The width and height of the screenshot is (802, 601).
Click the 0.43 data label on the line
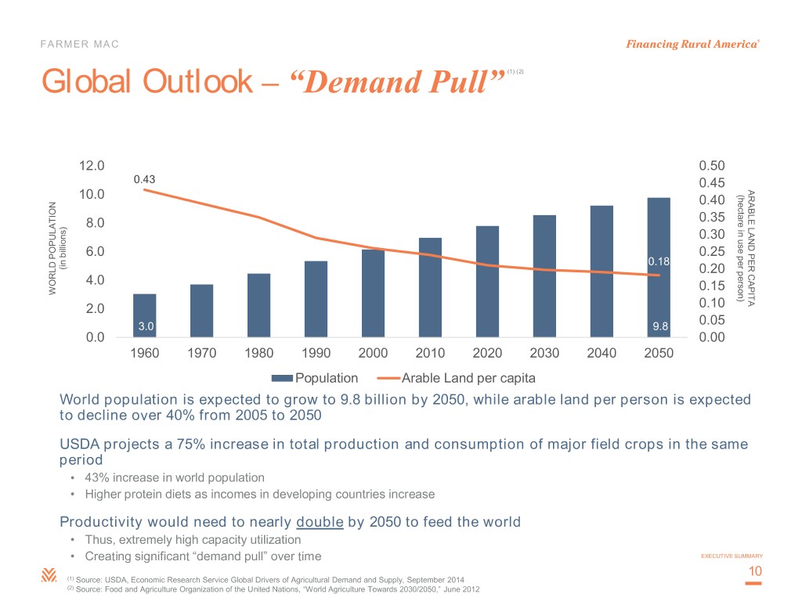pos(144,179)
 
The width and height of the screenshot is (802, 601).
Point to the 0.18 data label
pos(657,261)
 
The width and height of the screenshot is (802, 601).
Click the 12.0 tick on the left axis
pos(92,166)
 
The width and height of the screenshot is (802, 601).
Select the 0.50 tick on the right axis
pos(711,166)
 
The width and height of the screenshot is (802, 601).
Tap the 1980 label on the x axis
pos(258,353)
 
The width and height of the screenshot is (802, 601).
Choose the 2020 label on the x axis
pos(487,353)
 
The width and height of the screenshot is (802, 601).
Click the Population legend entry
pos(321,379)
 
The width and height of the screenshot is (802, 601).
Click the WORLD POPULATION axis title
pos(54,249)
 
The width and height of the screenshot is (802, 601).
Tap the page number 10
pos(755,573)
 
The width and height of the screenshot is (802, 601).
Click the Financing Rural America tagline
pos(692,44)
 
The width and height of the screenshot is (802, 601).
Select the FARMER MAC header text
pos(80,44)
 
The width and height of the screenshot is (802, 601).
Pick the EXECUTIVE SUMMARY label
pos(731,556)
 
